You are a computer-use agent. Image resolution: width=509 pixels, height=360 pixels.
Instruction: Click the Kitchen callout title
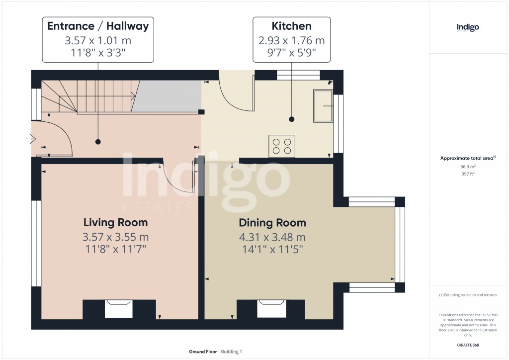[x=291, y=26]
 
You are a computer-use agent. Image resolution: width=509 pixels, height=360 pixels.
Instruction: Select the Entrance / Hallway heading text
[x=98, y=26]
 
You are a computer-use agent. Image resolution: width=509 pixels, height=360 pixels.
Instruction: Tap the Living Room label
[x=115, y=222]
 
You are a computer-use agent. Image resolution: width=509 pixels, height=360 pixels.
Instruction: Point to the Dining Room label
[x=272, y=223]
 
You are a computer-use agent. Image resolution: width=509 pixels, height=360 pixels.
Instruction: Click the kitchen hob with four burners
[x=282, y=146]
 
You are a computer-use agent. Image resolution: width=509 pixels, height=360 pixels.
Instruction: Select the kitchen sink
[x=323, y=106]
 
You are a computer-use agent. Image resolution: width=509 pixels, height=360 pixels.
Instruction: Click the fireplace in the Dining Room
[x=271, y=308]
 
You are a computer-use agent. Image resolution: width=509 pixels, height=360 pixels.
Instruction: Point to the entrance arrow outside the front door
[x=30, y=140]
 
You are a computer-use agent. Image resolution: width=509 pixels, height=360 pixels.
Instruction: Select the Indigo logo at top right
[x=468, y=28]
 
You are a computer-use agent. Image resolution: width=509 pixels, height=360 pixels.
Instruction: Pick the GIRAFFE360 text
[x=468, y=345]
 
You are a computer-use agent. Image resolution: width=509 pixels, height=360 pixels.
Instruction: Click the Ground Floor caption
[x=203, y=352]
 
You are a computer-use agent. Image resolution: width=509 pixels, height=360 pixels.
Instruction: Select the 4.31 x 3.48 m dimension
[x=272, y=237]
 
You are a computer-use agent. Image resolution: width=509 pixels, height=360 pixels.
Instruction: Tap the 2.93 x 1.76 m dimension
[x=291, y=40]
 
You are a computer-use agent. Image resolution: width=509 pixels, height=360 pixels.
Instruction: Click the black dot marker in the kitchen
[x=291, y=119]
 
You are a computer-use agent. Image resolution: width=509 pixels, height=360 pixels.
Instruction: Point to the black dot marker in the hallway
[x=98, y=142]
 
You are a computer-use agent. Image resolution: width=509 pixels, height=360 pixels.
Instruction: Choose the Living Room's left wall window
[x=36, y=244]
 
